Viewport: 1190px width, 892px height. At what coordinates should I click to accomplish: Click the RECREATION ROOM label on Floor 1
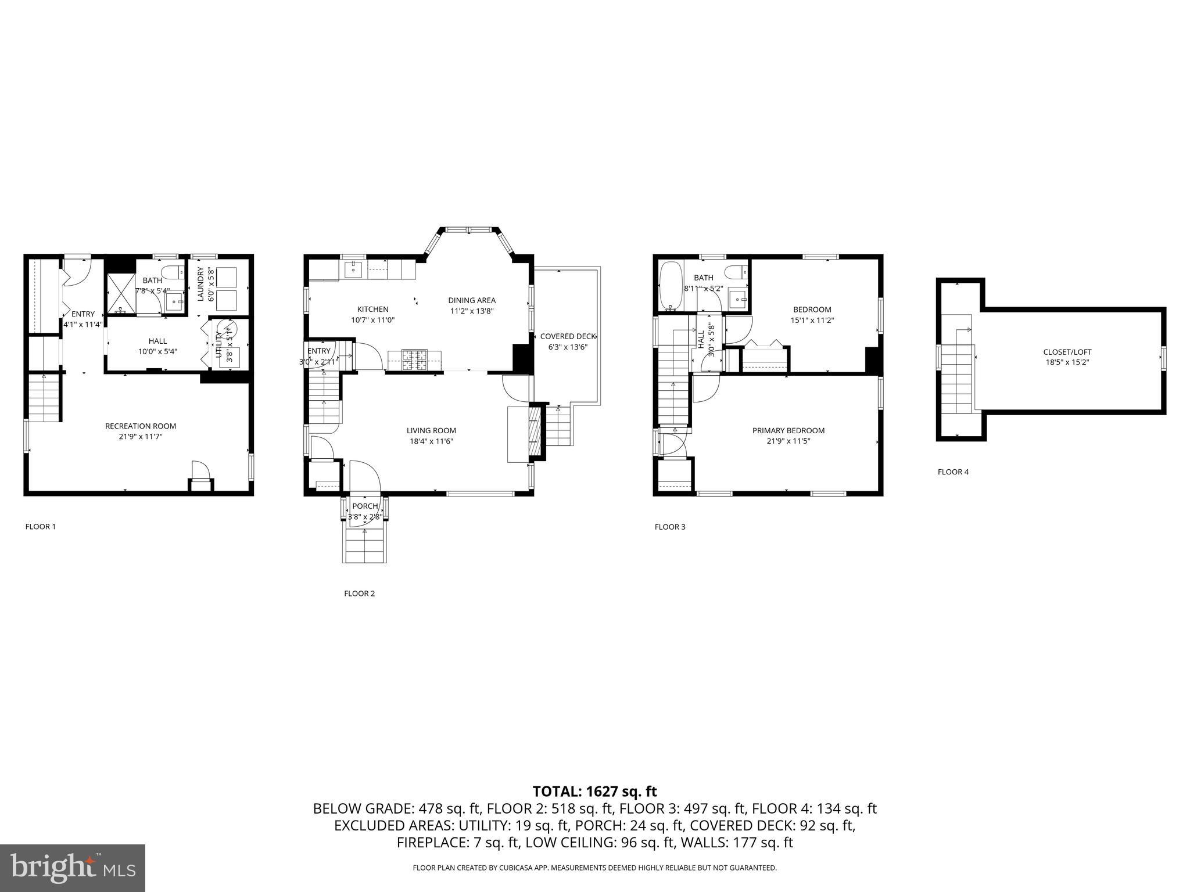140,426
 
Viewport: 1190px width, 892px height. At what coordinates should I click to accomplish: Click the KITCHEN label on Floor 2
372,309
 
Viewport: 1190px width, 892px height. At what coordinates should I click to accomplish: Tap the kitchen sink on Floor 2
353,269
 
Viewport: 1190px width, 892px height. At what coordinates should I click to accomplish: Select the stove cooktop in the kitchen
414,359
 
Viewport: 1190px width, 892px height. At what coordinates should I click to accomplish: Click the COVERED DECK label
568,336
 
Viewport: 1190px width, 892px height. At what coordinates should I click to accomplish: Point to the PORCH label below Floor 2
365,506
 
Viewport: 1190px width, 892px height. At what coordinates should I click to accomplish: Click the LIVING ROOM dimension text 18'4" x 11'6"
431,441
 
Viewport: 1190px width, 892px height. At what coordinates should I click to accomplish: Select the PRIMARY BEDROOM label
788,430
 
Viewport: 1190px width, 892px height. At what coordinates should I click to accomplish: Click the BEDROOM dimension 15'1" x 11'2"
812,320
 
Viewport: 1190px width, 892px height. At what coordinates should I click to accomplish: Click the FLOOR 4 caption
953,472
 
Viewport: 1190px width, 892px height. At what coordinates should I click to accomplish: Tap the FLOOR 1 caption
40,527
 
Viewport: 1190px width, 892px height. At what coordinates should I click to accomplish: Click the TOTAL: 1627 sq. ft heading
594,791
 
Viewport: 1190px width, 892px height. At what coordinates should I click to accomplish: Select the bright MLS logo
73,868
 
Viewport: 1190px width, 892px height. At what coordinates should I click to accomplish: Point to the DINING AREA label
471,300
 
